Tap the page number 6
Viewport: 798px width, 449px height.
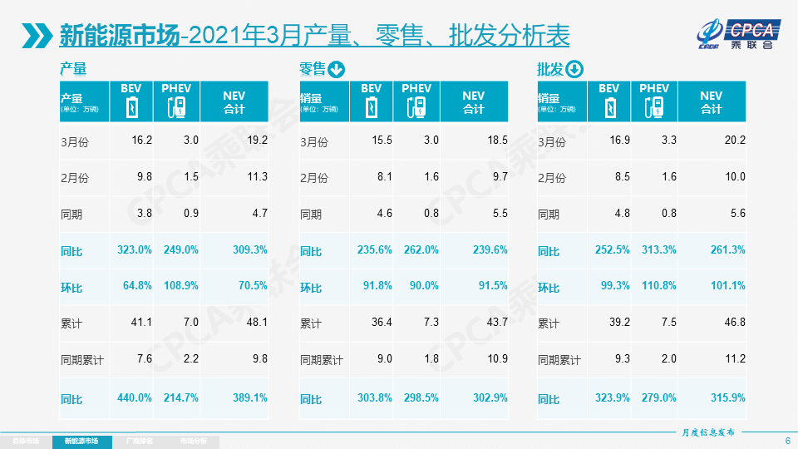tap(787, 441)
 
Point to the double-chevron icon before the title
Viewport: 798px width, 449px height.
tap(38, 36)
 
